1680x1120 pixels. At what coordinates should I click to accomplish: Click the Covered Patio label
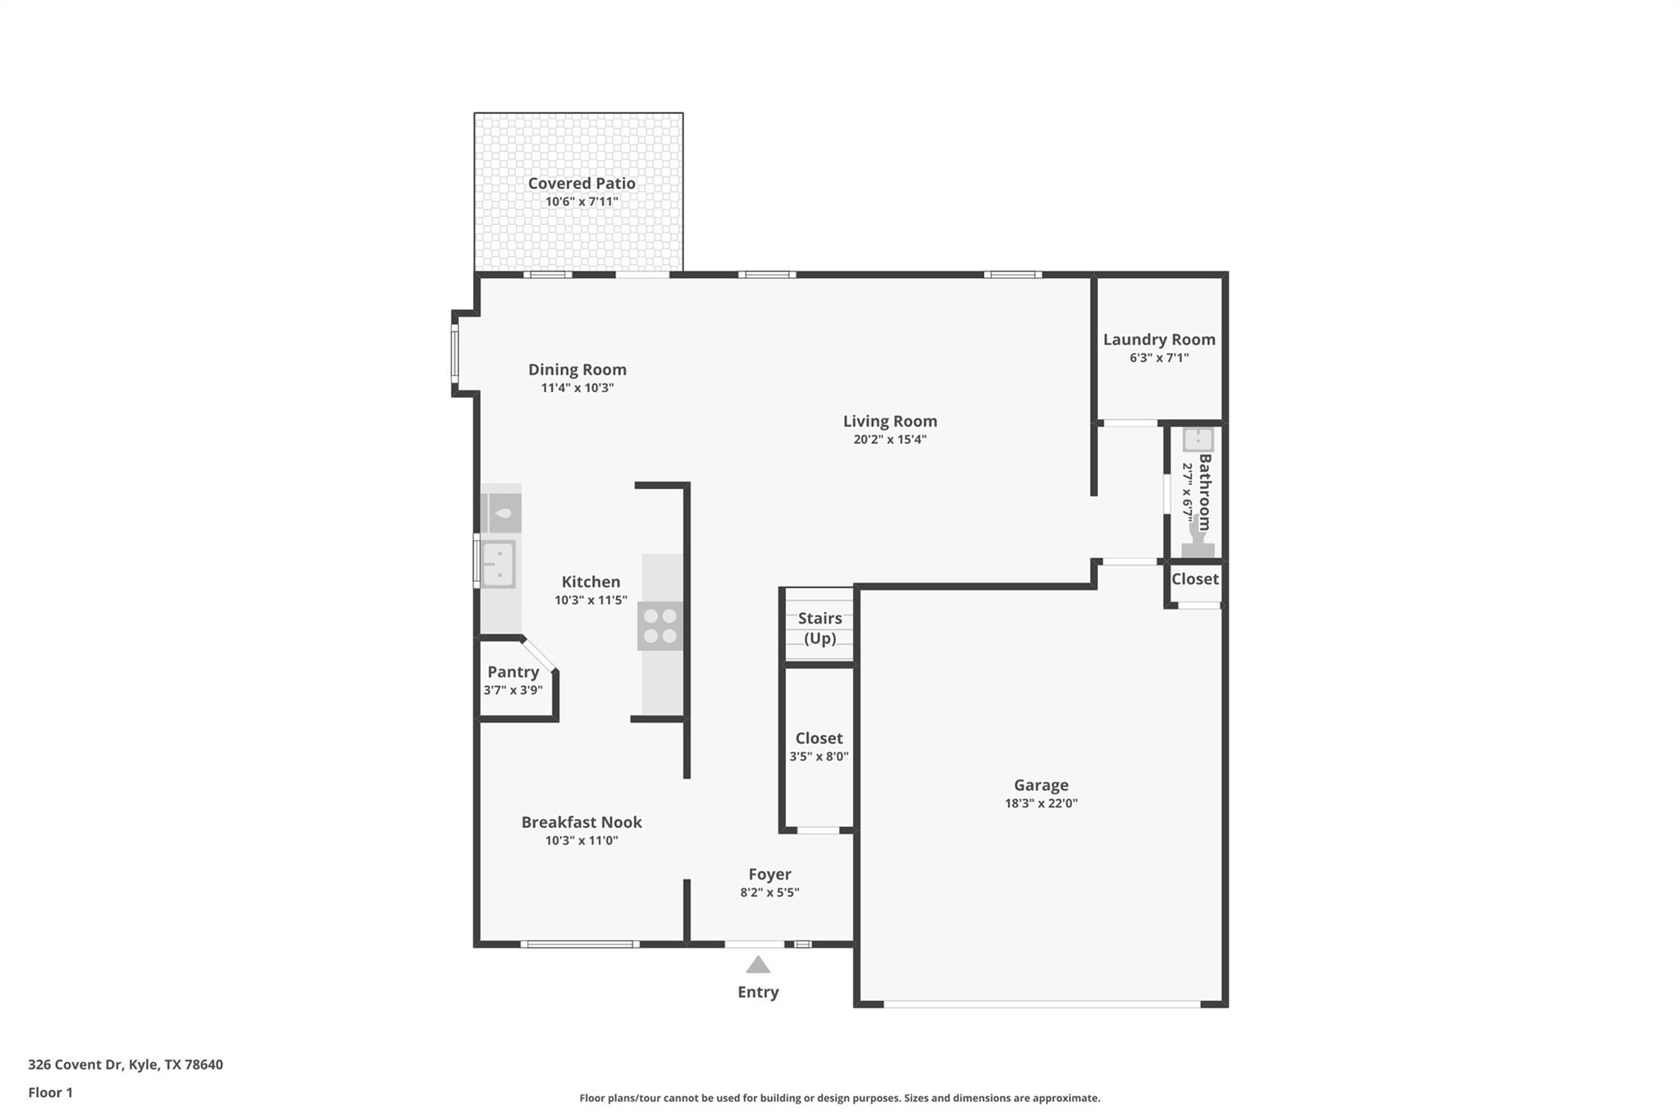pos(581,184)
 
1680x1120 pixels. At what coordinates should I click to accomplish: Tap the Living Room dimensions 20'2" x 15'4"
pos(889,440)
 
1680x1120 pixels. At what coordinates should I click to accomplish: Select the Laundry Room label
pos(1158,340)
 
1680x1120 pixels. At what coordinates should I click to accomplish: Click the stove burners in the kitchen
pos(660,625)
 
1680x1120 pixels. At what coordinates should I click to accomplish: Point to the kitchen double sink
pos(498,565)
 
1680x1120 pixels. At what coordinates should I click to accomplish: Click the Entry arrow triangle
pos(757,966)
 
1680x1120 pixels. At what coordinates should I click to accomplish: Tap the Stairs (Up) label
pos(819,628)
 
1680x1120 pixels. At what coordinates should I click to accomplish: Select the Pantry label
pos(513,672)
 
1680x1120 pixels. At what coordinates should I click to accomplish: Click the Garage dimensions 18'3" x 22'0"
pos(1040,804)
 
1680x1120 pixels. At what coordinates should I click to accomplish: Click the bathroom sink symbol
pos(1198,440)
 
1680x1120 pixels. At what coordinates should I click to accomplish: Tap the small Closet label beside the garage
pos(1194,579)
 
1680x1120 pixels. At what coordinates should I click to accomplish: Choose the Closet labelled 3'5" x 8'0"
pos(819,738)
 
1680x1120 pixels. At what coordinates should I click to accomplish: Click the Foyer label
pos(769,875)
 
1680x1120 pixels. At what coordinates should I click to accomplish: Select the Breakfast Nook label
pos(581,822)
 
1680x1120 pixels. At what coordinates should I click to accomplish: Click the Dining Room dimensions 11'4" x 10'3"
pos(577,388)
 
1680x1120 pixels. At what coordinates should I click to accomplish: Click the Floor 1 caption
pos(50,1093)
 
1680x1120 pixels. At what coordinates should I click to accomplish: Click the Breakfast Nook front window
pos(579,944)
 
